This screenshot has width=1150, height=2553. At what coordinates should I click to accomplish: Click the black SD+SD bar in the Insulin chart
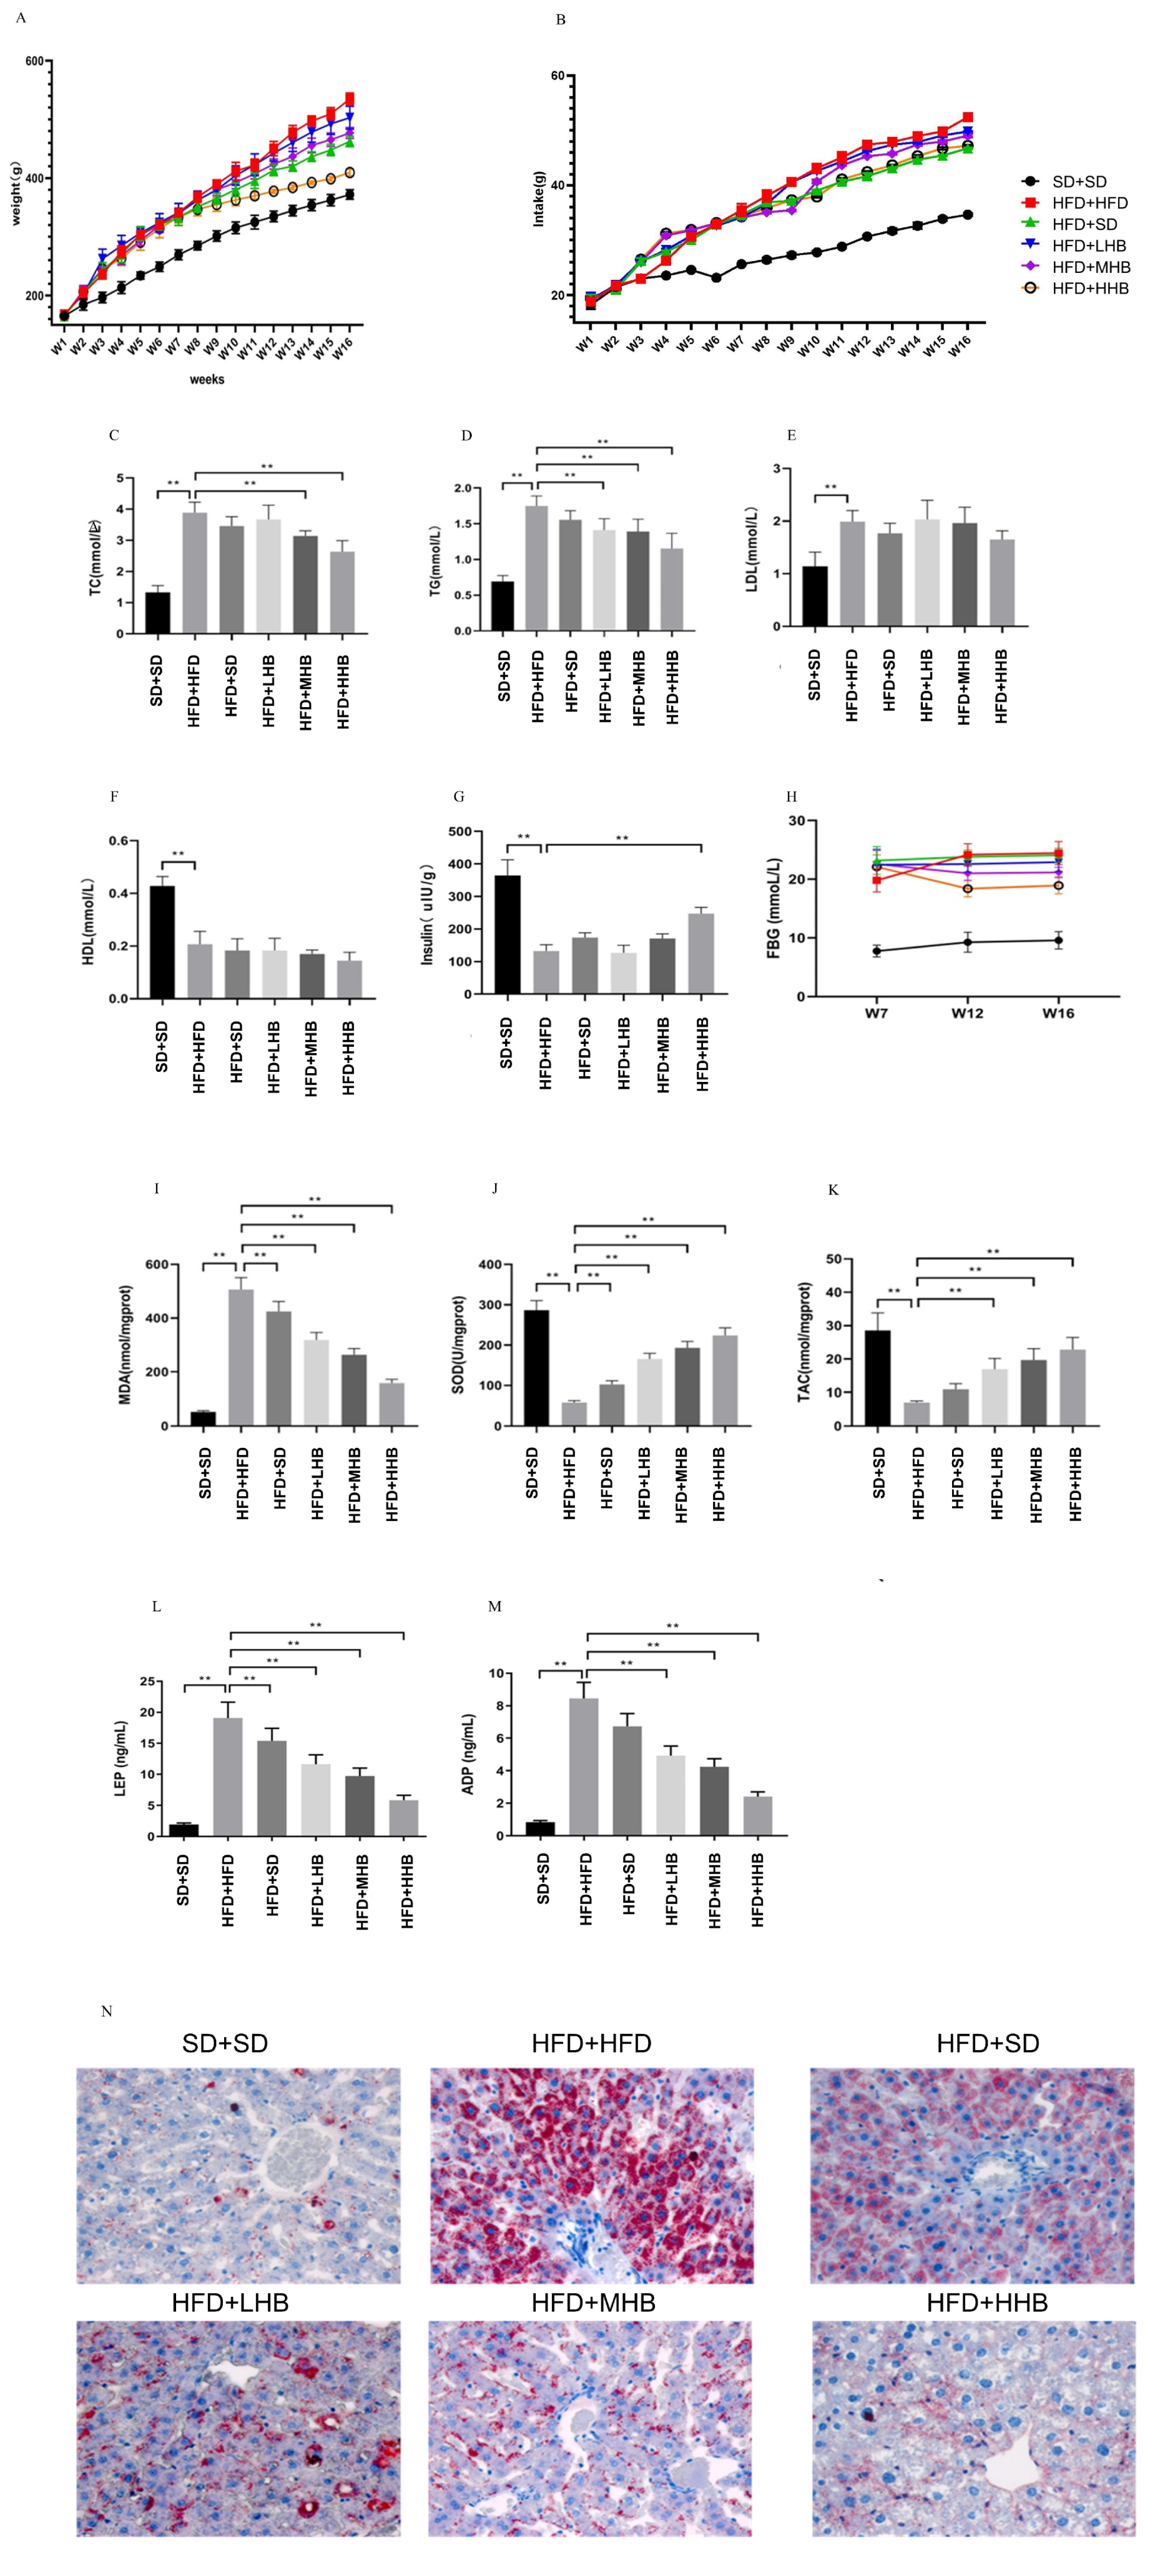pos(507,934)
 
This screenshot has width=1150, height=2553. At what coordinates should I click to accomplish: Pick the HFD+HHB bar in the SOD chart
pos(724,1380)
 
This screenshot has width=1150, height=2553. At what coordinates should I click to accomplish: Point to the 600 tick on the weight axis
pos(34,61)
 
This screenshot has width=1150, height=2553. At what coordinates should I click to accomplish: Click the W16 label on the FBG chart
pos(1058,1013)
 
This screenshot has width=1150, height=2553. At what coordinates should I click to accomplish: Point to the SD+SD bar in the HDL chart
pos(162,941)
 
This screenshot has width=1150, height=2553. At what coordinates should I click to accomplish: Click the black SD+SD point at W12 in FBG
pos(968,943)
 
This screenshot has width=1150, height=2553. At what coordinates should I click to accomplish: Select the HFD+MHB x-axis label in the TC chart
pos(305,692)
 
